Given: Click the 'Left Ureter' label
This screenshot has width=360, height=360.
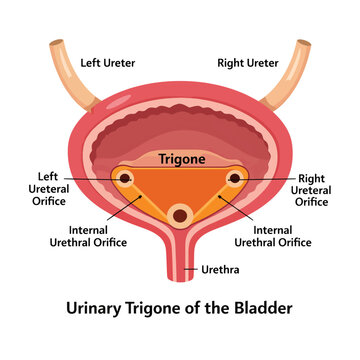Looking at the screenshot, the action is click(108, 63).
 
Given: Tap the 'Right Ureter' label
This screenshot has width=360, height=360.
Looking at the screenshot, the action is click(248, 63).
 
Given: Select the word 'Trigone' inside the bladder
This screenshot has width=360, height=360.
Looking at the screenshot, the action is click(182, 159).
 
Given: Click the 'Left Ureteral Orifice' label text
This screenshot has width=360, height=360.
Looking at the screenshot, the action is click(49, 189).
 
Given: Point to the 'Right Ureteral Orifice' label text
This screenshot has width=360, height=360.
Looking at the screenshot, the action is click(311, 190).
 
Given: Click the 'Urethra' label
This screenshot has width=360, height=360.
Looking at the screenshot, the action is click(220, 270).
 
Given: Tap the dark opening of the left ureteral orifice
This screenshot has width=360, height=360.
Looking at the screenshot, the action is click(125, 178).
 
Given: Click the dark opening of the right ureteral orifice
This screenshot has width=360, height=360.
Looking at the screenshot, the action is click(235, 178).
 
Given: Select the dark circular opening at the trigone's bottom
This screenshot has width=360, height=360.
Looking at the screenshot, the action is click(180, 216).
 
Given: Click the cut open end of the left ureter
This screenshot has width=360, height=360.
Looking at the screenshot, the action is click(57, 43).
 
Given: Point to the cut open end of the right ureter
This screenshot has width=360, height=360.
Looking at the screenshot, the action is click(304, 43).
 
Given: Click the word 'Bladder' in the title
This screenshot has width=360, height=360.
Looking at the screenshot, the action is click(267, 308).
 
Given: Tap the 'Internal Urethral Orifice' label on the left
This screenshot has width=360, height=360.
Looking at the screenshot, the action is click(88, 236).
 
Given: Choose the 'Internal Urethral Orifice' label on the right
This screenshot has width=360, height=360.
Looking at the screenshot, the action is click(273, 236).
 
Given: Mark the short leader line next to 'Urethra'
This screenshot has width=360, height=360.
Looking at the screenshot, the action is click(191, 269).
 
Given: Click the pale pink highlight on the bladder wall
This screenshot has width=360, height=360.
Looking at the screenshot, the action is click(119, 101).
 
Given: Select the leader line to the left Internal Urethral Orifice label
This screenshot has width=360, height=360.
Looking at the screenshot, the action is click(124, 208).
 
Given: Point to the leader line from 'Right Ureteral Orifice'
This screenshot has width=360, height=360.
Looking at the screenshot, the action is click(262, 179).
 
